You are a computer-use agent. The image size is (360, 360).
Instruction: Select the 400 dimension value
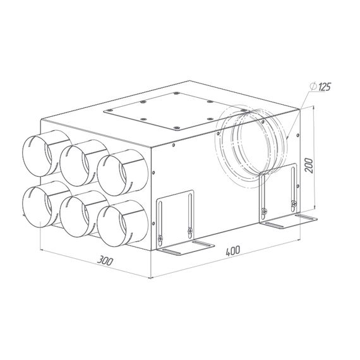(x=232, y=251)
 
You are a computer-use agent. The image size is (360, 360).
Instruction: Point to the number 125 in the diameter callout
(x=326, y=86)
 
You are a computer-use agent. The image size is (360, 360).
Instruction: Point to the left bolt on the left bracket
(x=160, y=238)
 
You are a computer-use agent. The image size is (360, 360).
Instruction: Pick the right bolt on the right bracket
(x=292, y=203)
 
